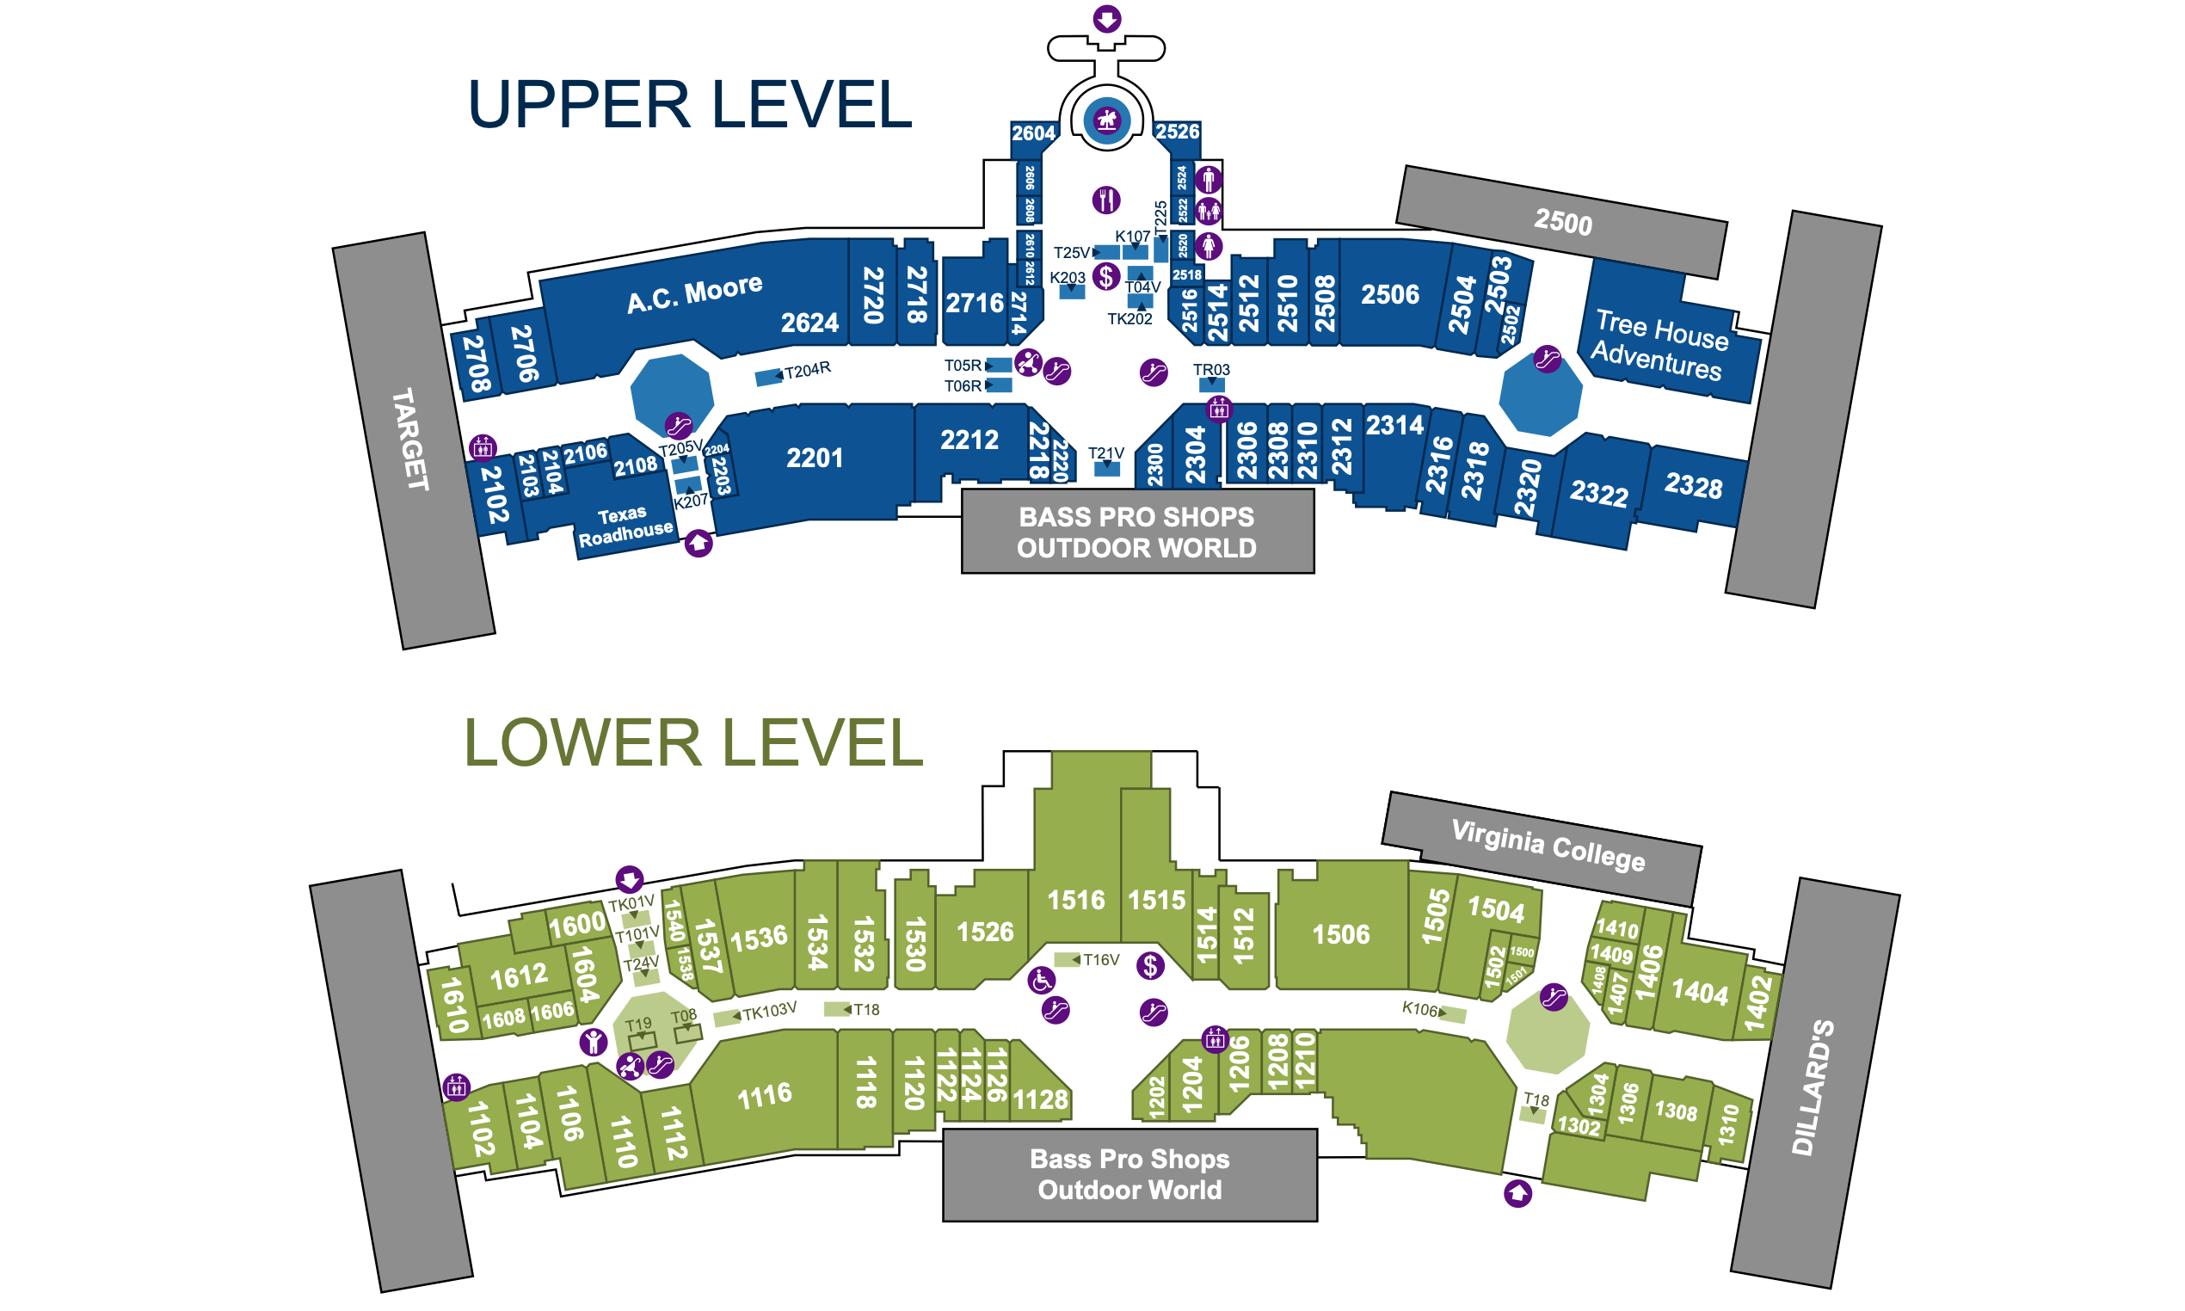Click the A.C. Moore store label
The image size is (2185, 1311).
pyautogui.click(x=694, y=293)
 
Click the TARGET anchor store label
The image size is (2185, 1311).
pyautogui.click(x=409, y=439)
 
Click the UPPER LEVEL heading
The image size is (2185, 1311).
pyautogui.click(x=689, y=104)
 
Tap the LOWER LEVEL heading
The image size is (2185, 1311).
pyautogui.click(x=692, y=742)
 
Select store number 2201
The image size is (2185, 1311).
pyautogui.click(x=815, y=458)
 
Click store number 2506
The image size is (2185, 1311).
pyautogui.click(x=1389, y=294)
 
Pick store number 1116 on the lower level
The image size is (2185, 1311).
pyautogui.click(x=764, y=1095)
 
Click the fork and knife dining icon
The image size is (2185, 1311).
pyautogui.click(x=1105, y=200)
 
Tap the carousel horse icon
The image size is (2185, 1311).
pyautogui.click(x=1106, y=120)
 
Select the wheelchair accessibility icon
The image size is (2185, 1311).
pyautogui.click(x=1041, y=980)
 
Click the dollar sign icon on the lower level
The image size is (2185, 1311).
pyautogui.click(x=1150, y=965)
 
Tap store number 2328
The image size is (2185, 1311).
pyautogui.click(x=1693, y=485)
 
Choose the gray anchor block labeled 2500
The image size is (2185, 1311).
pyautogui.click(x=1562, y=222)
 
